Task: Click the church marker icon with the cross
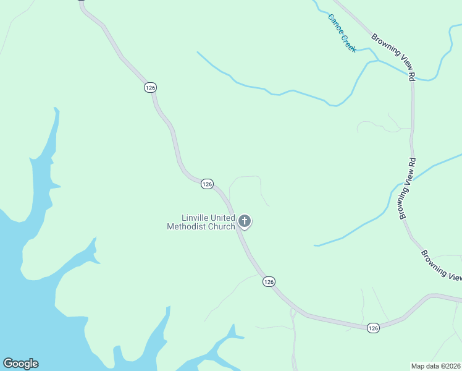pyautogui.click(x=245, y=221)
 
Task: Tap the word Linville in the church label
pyautogui.click(x=196, y=218)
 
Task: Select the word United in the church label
pyautogui.click(x=224, y=218)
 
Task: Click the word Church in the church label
pyautogui.click(x=221, y=226)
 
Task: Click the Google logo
pyautogui.click(x=20, y=364)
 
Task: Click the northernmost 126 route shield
pyautogui.click(x=150, y=87)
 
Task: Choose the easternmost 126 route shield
pyautogui.click(x=372, y=328)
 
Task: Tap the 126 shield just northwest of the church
pyautogui.click(x=207, y=184)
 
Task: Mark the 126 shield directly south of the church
pyautogui.click(x=268, y=281)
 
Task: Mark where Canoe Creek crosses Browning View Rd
pyautogui.click(x=411, y=77)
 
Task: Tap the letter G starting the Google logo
pyautogui.click(x=7, y=364)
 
